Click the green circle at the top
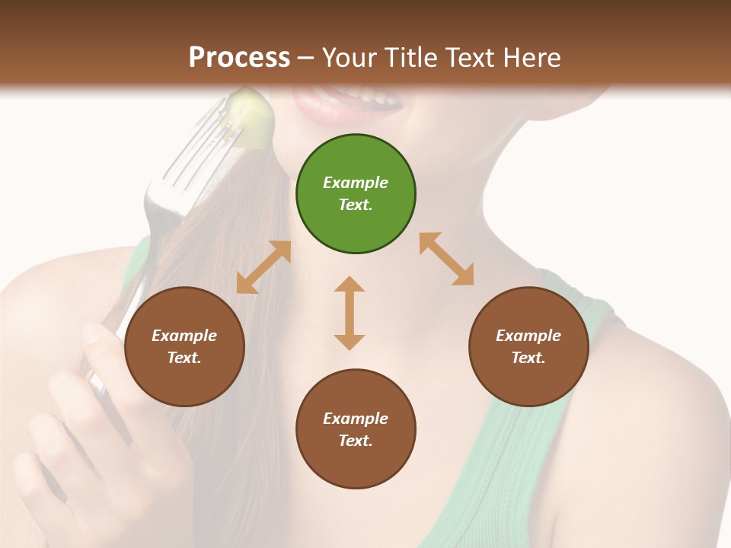point(356,194)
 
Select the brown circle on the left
point(184,347)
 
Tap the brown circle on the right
point(528,347)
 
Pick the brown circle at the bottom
point(356,429)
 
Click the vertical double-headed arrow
point(350,313)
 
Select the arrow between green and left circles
point(263,267)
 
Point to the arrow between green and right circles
point(447,259)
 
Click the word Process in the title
point(239,58)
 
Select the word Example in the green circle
point(356,183)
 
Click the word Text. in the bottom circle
point(356,441)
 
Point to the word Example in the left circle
point(184,336)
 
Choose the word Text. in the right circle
point(528,358)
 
